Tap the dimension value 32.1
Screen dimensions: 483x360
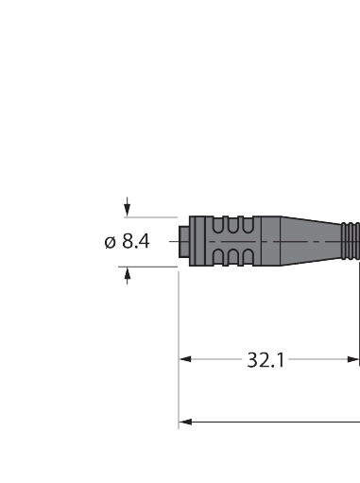point(266,359)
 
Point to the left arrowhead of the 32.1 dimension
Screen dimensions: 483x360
point(185,359)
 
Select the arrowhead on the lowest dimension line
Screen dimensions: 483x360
point(185,422)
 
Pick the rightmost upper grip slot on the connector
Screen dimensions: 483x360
point(249,228)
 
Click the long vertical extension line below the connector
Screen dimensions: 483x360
point(180,378)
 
